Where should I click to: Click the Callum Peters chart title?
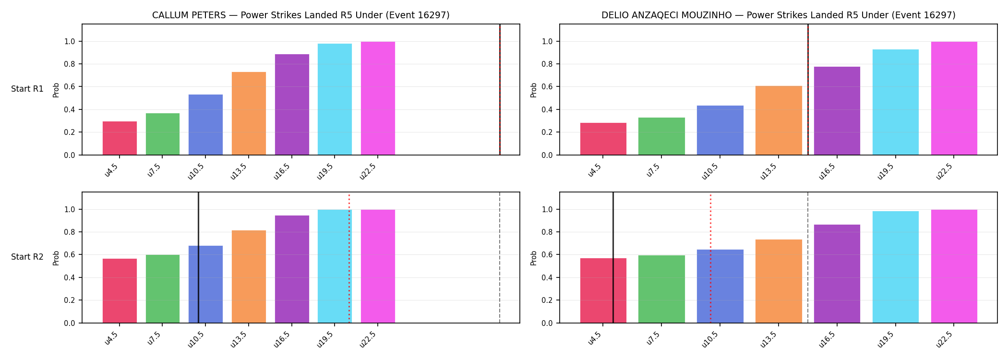(x=301, y=15)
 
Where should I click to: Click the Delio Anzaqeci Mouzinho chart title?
(x=779, y=15)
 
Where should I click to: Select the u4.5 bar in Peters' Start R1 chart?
(x=120, y=138)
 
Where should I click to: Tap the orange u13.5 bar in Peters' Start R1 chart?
(x=249, y=113)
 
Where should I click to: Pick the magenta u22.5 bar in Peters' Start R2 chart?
(x=378, y=266)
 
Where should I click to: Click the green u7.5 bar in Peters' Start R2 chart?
(x=163, y=289)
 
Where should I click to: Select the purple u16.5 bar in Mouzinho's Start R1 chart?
(x=837, y=111)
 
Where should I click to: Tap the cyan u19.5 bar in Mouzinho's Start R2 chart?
(x=896, y=267)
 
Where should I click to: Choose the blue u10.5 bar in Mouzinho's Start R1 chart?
(x=720, y=130)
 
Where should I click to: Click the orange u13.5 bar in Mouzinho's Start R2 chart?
(x=779, y=281)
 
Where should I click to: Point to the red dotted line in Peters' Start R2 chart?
(x=349, y=258)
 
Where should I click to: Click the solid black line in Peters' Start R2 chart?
(x=198, y=258)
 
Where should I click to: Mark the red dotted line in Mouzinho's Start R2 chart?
(x=710, y=258)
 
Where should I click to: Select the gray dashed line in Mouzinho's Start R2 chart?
(x=808, y=258)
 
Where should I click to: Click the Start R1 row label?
(x=27, y=89)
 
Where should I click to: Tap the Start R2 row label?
(x=27, y=257)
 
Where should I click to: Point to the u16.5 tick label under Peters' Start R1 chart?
(x=282, y=171)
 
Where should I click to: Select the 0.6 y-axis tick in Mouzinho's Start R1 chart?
(x=547, y=87)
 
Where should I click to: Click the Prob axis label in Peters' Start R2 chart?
(x=56, y=258)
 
